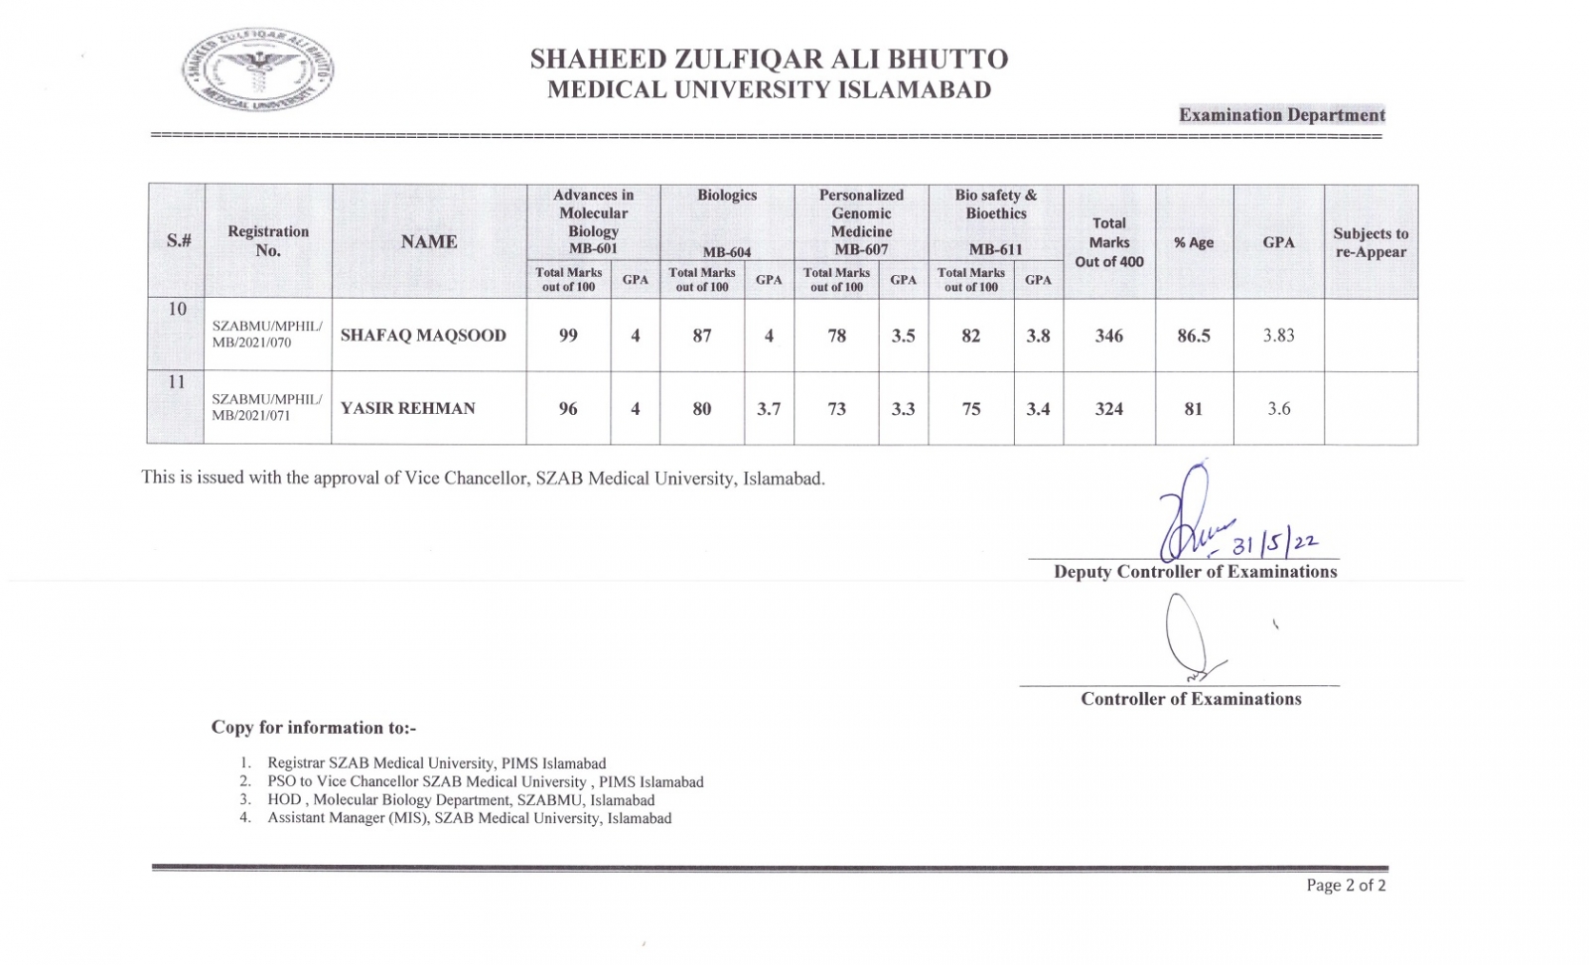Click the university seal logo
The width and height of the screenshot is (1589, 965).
tap(257, 69)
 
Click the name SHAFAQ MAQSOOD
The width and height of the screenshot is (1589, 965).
tap(423, 336)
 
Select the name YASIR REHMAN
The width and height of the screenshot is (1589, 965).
tap(408, 408)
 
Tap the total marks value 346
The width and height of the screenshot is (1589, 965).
tap(1108, 336)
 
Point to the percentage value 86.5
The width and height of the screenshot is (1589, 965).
tap(1193, 336)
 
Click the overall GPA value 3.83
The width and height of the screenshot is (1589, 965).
tap(1278, 336)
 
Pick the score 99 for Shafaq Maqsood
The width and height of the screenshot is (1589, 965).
tap(568, 336)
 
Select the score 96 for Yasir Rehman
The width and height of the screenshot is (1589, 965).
tap(568, 408)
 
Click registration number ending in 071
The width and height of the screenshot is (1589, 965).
tap(266, 407)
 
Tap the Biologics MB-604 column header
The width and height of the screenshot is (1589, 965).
tap(727, 223)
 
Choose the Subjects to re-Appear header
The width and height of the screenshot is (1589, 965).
tap(1371, 242)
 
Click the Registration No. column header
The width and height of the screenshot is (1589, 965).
tap(268, 241)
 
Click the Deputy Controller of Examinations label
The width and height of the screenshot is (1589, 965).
tap(1195, 572)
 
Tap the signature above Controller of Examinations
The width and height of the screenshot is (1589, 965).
tap(1189, 635)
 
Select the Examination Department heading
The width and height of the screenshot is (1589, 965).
tap(1281, 115)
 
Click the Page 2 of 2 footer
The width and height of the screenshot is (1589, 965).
tap(1346, 886)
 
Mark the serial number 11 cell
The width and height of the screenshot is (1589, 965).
tap(177, 382)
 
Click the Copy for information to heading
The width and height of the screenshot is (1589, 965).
tap(314, 728)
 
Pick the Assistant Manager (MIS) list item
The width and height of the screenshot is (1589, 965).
tap(469, 819)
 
